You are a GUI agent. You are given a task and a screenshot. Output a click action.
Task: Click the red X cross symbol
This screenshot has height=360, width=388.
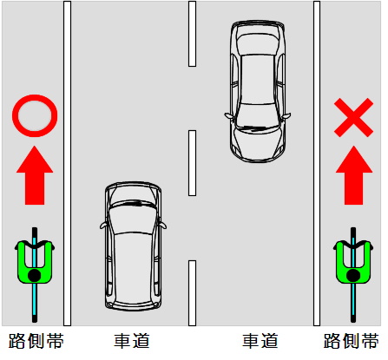tap(353, 117)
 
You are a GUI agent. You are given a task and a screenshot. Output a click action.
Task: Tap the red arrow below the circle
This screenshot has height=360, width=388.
tap(35, 175)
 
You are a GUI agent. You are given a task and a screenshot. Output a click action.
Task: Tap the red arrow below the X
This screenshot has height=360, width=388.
tap(353, 175)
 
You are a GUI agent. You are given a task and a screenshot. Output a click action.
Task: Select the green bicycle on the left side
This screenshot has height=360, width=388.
tap(35, 275)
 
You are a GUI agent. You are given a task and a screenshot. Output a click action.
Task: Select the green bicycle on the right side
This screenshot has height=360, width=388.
tap(353, 275)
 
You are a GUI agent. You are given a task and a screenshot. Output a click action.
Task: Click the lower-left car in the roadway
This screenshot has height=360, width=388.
tap(133, 246)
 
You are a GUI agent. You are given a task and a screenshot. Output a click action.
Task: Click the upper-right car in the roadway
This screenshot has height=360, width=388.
tap(258, 91)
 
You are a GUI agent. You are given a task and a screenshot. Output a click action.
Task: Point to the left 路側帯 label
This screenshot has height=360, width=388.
tap(36, 341)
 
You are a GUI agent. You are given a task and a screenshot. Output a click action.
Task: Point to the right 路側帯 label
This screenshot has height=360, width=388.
tap(352, 341)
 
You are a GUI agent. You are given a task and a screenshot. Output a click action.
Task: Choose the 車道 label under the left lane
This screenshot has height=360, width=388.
tap(132, 341)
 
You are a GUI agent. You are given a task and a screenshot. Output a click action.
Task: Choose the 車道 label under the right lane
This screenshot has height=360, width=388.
tap(260, 341)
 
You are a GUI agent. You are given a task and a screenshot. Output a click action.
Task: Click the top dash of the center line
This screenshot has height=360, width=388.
tap(192, 34)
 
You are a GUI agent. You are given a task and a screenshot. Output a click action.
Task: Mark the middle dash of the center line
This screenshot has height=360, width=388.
tap(192, 163)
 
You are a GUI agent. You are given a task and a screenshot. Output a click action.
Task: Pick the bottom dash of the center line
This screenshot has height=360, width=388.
tap(192, 293)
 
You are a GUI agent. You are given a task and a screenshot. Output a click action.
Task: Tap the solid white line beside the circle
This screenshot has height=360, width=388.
tap(67, 163)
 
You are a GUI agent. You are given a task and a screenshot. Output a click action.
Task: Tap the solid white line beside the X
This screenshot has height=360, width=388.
tap(317, 163)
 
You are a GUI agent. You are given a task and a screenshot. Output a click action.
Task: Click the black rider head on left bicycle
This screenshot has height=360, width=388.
tap(35, 276)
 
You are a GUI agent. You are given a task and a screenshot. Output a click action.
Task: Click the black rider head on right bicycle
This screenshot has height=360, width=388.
tap(353, 276)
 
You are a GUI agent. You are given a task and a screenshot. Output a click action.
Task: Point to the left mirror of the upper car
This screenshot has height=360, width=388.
tap(228, 115)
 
